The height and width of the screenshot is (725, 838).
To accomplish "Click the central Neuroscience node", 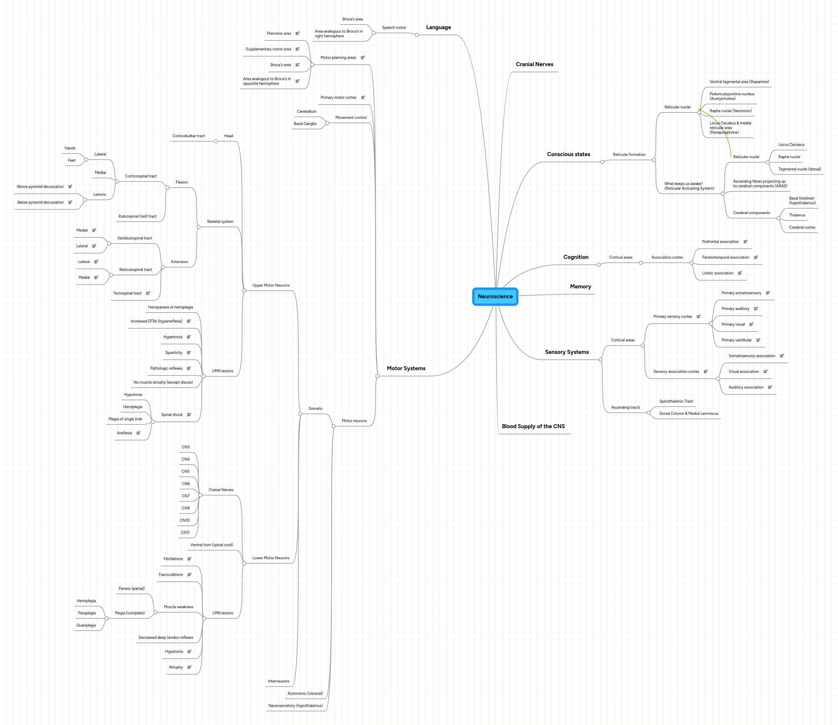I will pyautogui.click(x=495, y=297).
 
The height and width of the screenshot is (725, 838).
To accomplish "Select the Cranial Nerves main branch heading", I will pyautogui.click(x=534, y=64).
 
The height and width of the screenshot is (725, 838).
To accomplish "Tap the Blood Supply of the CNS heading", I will pyautogui.click(x=533, y=426).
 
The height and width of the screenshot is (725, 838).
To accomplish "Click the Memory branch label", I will pyautogui.click(x=580, y=286).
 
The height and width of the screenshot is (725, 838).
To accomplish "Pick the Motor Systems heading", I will pyautogui.click(x=406, y=368).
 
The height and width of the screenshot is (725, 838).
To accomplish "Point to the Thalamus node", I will pyautogui.click(x=797, y=215).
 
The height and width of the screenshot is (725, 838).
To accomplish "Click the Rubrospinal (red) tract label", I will pyautogui.click(x=137, y=216).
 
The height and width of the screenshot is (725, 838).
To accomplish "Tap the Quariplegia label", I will pyautogui.click(x=86, y=625).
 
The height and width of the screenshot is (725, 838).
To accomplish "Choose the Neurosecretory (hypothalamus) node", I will pyautogui.click(x=295, y=705).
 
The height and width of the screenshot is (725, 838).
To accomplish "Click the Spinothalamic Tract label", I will pyautogui.click(x=676, y=401).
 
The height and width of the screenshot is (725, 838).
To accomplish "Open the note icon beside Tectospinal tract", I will pyautogui.click(x=148, y=293).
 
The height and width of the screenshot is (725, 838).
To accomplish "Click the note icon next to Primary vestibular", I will pyautogui.click(x=758, y=340).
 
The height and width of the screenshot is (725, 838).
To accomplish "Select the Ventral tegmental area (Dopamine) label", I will pyautogui.click(x=739, y=82).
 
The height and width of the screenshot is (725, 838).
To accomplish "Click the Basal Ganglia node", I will pyautogui.click(x=305, y=124).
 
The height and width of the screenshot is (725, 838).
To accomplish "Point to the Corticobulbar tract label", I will pyautogui.click(x=188, y=136).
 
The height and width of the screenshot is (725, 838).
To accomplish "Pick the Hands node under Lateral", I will pyautogui.click(x=70, y=148).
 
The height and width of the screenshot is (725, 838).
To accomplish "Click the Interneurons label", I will pyautogui.click(x=278, y=681).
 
